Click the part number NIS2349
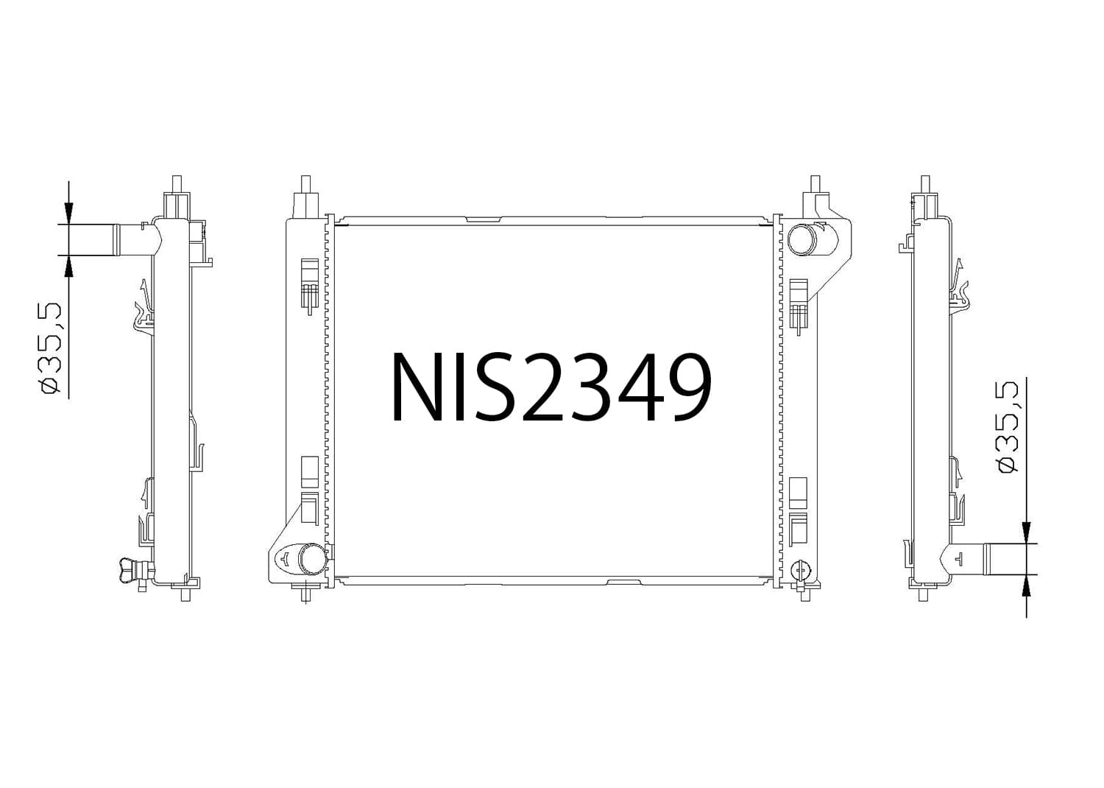551,387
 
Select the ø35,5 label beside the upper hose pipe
51,347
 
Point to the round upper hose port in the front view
802,239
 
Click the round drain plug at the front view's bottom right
801,569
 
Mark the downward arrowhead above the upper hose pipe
68,214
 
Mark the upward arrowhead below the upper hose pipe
68,266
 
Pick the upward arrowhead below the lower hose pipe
1026,585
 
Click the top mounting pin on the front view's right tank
815,184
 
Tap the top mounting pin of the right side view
925,184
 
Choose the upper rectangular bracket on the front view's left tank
310,270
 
